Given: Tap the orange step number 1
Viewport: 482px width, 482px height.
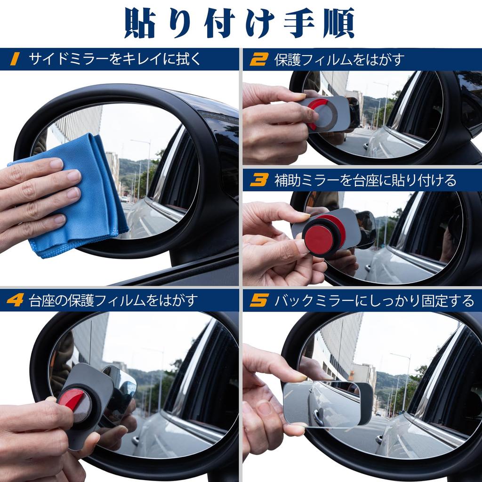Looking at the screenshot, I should [15, 59].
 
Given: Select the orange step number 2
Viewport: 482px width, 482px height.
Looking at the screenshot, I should [258, 59].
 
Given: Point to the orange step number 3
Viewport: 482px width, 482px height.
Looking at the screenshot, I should [258, 180].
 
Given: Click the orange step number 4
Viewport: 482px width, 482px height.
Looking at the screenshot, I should [15, 300].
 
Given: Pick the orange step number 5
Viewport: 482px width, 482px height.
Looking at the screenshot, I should [258, 300].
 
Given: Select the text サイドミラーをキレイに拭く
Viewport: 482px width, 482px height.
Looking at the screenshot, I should [115, 59].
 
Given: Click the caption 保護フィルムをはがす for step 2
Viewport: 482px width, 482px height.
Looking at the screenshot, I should [339, 59].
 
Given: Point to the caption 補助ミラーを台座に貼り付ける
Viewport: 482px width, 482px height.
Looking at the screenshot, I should [365, 180].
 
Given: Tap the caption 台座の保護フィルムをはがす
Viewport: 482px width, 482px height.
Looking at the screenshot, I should [112, 300].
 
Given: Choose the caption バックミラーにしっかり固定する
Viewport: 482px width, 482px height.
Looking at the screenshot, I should [374, 300].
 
